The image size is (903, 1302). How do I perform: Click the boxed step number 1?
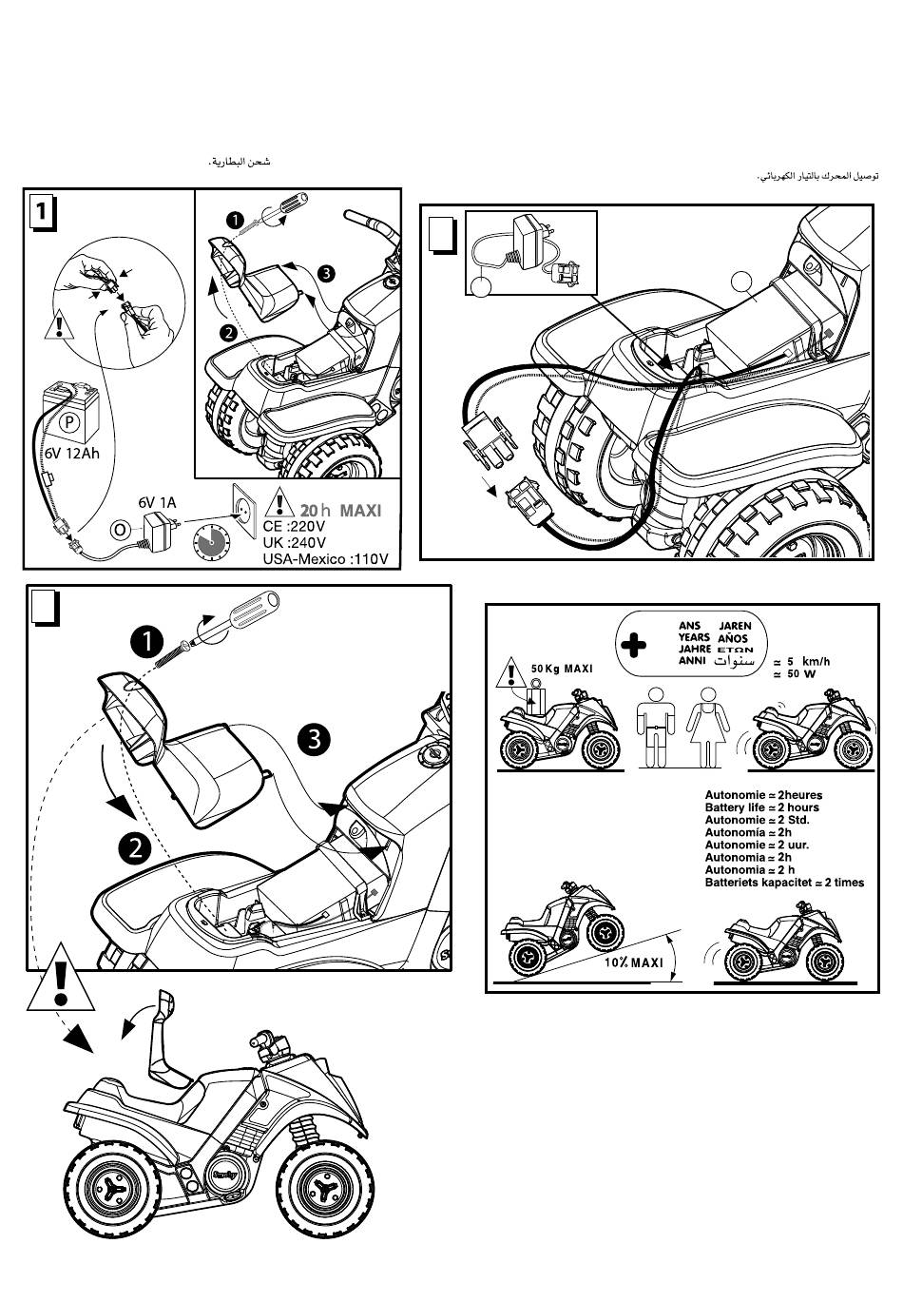pos(40,212)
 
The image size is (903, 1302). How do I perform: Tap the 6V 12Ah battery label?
pos(71,453)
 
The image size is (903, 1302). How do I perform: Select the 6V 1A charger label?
pos(157,501)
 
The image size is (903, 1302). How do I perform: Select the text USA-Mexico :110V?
pos(325,558)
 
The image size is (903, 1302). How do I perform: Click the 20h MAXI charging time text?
pos(340,511)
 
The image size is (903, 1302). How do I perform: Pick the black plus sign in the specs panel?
pos(633,646)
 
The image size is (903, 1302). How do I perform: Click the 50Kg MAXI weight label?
pos(561,669)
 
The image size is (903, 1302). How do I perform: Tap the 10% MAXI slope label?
pos(633,962)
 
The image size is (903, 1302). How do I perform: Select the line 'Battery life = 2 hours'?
pos(761,807)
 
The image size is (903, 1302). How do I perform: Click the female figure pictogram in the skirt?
pos(706,728)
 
